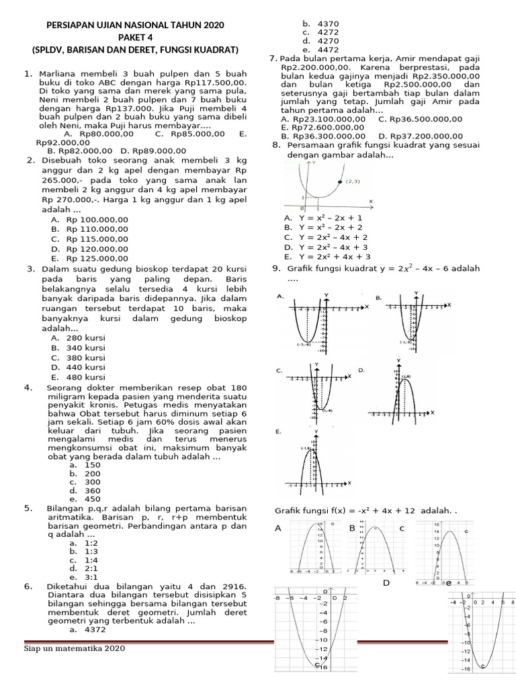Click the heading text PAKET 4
136,38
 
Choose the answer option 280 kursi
85,339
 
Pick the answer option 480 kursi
85,377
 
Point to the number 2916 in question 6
233,587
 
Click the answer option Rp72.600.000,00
330,127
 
